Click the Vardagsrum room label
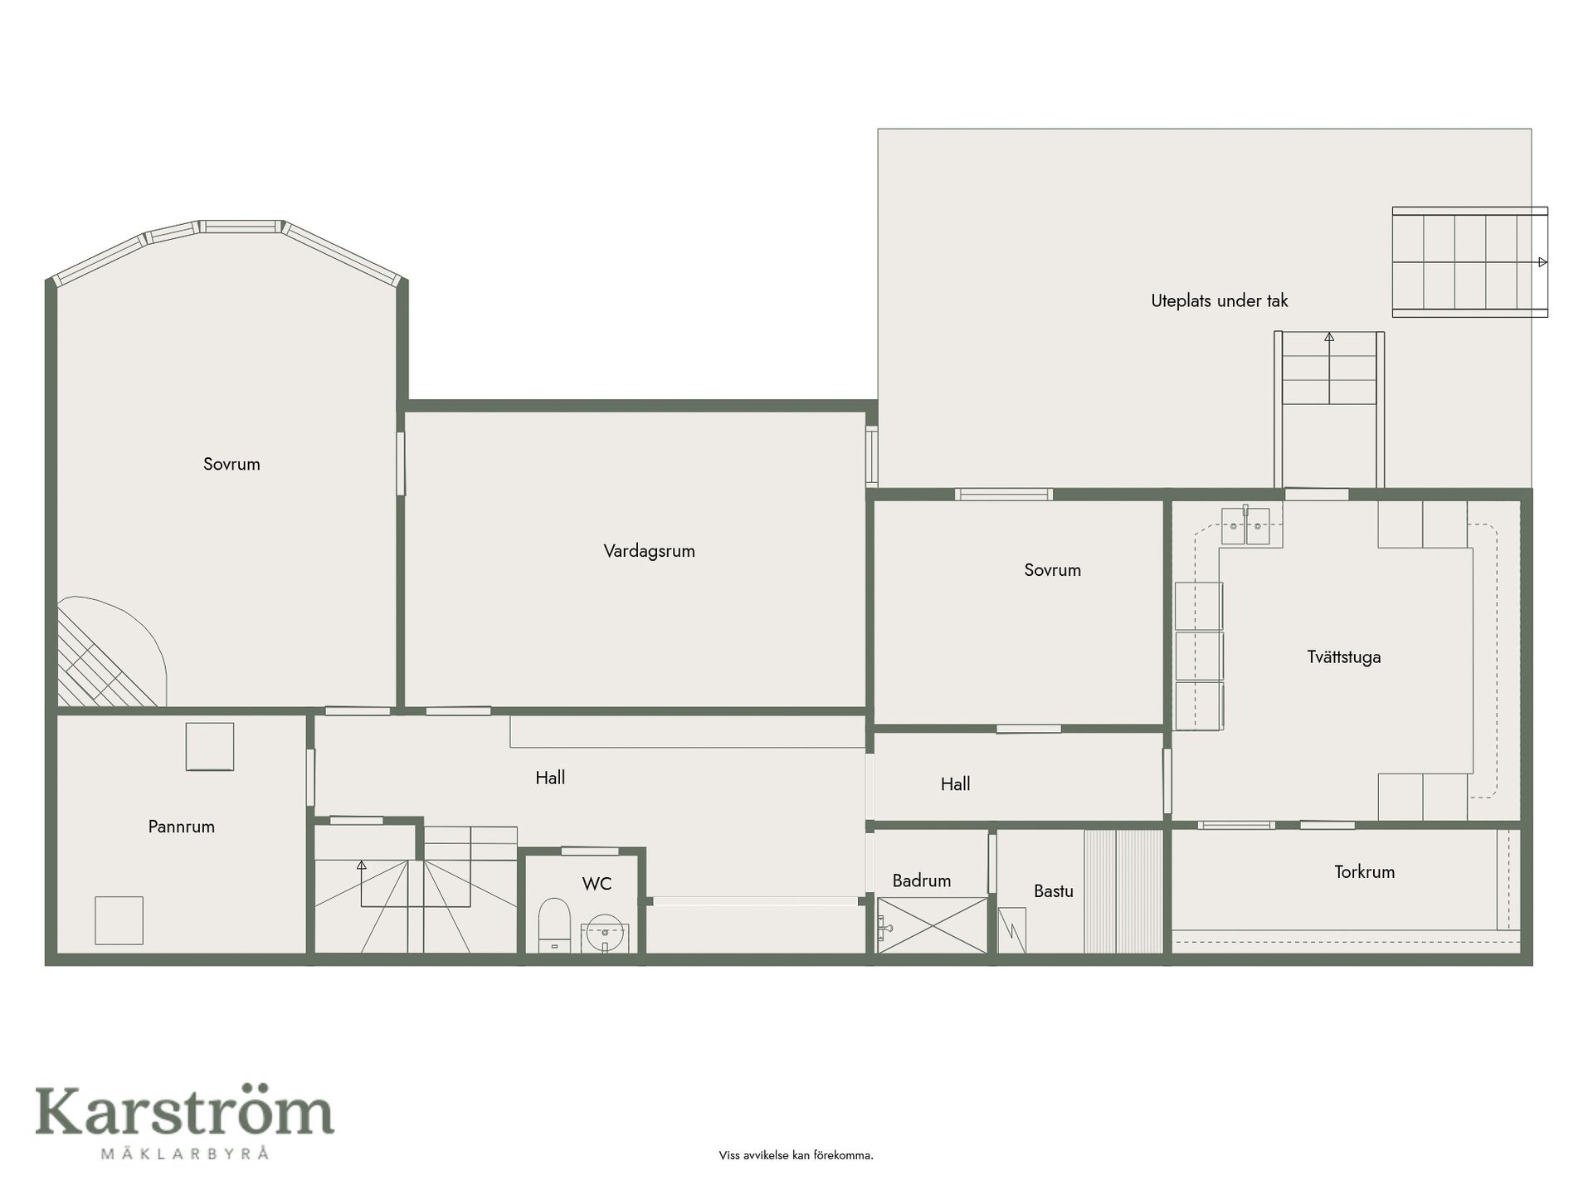[x=649, y=551]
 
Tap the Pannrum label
[x=182, y=827]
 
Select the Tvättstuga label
[x=1344, y=657]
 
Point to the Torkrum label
[x=1365, y=872]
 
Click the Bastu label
[x=1054, y=891]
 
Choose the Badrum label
[x=922, y=880]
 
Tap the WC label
[x=597, y=884]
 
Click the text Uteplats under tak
[x=1220, y=301]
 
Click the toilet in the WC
[x=553, y=925]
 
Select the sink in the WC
[x=605, y=938]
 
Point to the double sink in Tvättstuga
[x=1245, y=525]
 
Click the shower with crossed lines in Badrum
[x=933, y=924]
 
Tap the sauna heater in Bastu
[x=1012, y=930]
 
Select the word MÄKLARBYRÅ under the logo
[x=184, y=1154]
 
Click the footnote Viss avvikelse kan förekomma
[x=796, y=1155]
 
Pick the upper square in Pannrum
[x=210, y=747]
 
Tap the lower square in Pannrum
[x=119, y=920]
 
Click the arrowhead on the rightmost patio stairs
[x=1543, y=262]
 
